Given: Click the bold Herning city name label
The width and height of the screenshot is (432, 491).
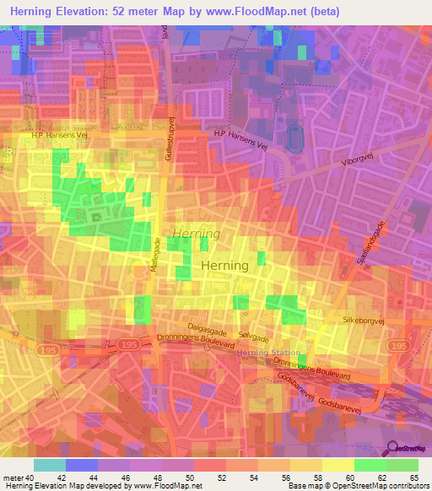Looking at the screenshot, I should click(225, 265).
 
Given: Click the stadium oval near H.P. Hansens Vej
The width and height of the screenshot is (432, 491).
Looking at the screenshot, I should click(294, 138).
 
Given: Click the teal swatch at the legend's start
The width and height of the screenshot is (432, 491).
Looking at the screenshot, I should click(50, 465).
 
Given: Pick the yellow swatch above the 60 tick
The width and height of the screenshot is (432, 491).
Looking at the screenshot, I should click(338, 465).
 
